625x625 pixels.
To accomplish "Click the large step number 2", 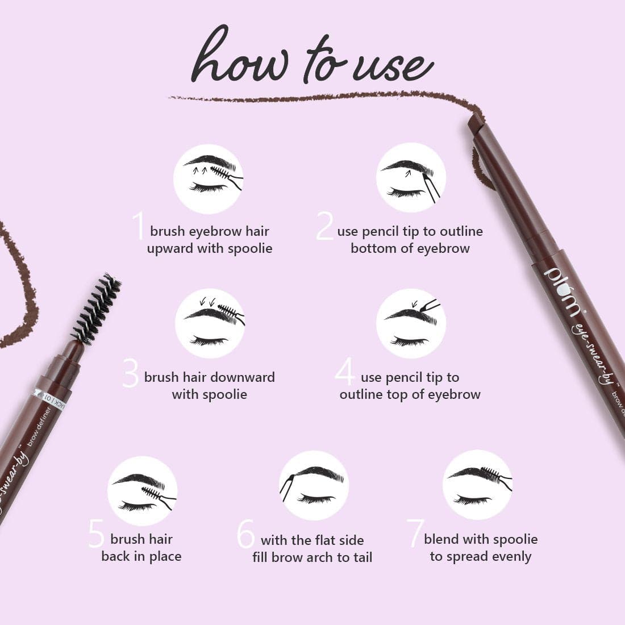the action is (x=324, y=226).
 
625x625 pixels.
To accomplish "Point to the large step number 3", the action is (x=130, y=373).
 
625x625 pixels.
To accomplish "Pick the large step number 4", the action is (x=345, y=372).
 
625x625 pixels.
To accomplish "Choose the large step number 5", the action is (x=97, y=534).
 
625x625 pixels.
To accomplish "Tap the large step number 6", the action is (x=245, y=534).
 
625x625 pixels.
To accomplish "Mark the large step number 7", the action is (x=415, y=534).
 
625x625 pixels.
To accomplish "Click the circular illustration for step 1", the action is (x=208, y=179).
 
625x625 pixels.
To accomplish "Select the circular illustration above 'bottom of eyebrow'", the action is (x=411, y=178).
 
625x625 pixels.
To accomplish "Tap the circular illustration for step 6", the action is (x=314, y=485).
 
